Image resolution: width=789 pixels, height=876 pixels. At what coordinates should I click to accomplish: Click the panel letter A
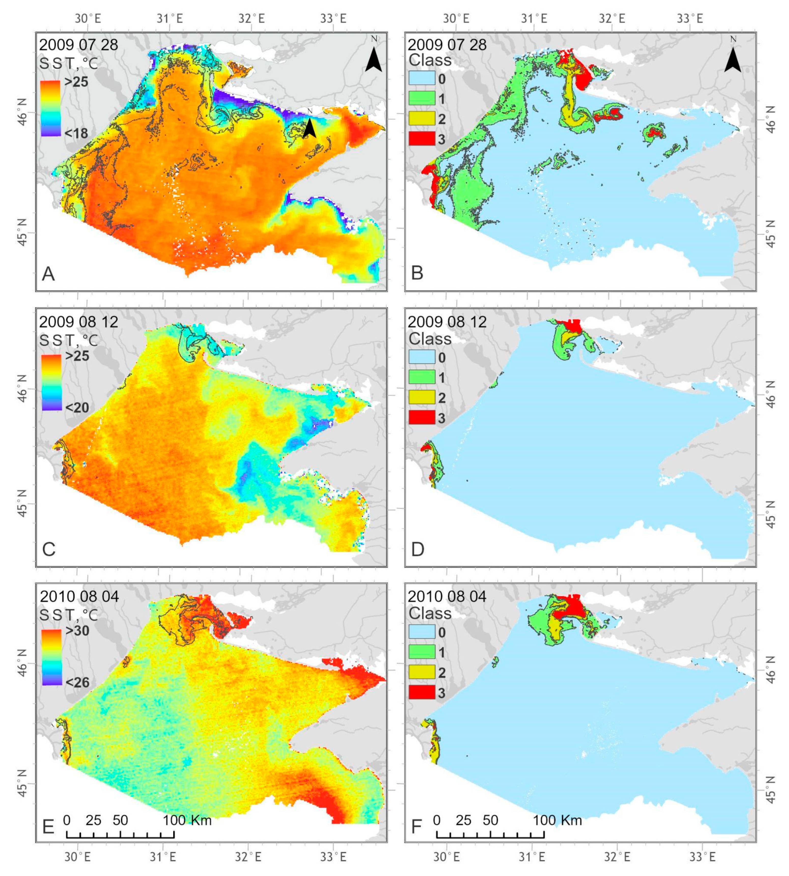tap(48, 274)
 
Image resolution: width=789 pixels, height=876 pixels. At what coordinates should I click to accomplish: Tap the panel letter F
tap(416, 827)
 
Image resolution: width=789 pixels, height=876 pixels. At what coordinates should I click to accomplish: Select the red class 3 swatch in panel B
tap(421, 138)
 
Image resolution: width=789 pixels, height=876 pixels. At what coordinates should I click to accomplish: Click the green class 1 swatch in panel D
tap(421, 377)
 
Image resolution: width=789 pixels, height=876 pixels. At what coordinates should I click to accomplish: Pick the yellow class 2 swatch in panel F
tap(421, 672)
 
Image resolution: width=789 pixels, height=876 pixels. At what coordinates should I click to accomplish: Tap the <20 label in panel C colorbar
tap(77, 407)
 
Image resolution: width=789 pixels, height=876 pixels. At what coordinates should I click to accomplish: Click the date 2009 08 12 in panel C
tap(78, 321)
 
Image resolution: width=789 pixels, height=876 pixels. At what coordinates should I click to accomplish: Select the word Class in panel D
tap(430, 339)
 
